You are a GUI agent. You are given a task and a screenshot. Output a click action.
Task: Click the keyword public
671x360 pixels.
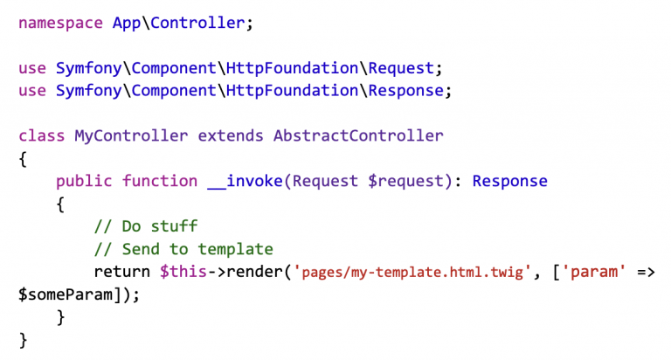click(84, 181)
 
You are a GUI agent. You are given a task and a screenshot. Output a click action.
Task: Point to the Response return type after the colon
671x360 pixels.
click(510, 181)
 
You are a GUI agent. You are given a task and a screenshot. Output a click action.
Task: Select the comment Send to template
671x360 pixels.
click(183, 249)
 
